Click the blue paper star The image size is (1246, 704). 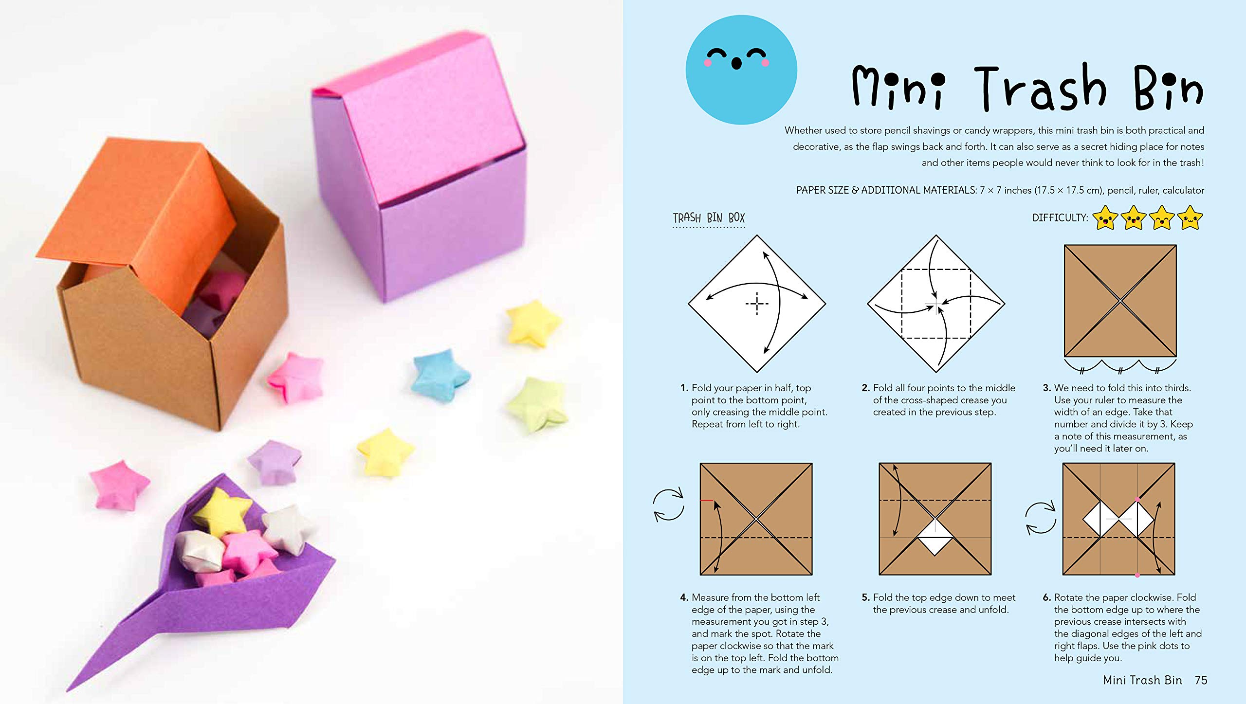[x=440, y=375]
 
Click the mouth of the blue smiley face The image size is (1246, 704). [x=736, y=64]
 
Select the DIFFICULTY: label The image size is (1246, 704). [x=1060, y=218]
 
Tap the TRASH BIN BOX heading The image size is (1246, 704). [x=708, y=218]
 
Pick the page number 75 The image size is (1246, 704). [x=1201, y=680]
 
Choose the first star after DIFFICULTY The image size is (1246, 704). [x=1105, y=217]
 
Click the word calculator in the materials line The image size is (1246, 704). [x=1183, y=190]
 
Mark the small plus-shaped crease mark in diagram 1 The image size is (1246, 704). [x=757, y=304]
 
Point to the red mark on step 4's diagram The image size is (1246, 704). [x=706, y=500]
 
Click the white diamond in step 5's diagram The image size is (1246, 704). [x=935, y=537]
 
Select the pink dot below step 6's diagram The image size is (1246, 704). [x=1137, y=576]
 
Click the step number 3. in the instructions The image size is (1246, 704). [x=1046, y=388]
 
